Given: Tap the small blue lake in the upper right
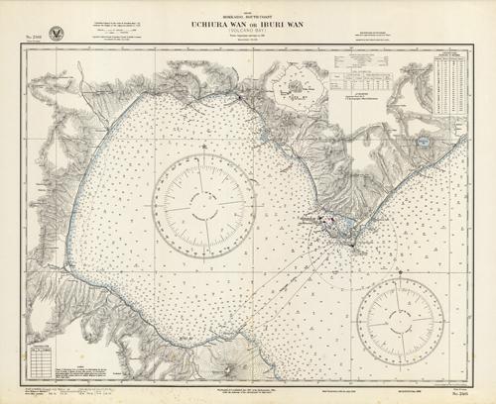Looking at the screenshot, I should (x=424, y=144).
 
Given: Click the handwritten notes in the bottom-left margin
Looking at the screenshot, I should (x=60, y=392).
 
